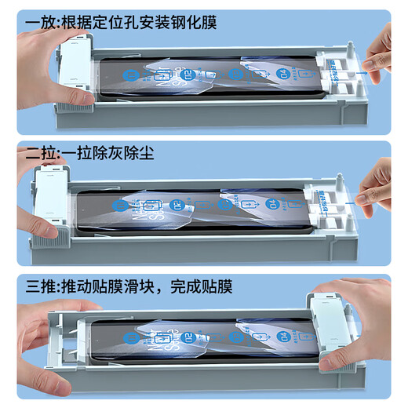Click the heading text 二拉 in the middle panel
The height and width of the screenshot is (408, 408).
point(32,154)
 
